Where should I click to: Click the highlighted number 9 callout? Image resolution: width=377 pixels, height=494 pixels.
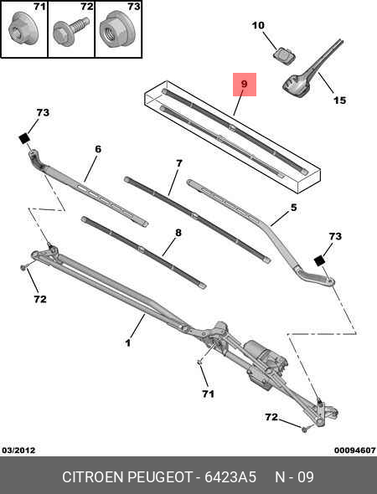click(244, 85)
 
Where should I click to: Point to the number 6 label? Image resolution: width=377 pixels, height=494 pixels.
click(97, 149)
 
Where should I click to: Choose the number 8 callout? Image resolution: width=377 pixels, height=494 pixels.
click(178, 233)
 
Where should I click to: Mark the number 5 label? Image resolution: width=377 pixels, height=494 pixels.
click(294, 208)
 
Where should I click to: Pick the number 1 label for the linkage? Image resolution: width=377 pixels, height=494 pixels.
click(128, 342)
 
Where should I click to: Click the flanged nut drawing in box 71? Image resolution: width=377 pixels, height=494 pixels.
click(20, 33)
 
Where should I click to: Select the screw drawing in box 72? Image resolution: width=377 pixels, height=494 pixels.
click(67, 34)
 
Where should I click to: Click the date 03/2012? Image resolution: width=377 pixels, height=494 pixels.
click(18, 450)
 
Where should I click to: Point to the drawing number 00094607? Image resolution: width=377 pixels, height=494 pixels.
click(354, 450)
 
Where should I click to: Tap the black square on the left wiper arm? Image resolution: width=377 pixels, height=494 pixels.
click(25, 137)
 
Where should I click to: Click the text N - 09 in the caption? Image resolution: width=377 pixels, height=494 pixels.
click(294, 477)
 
